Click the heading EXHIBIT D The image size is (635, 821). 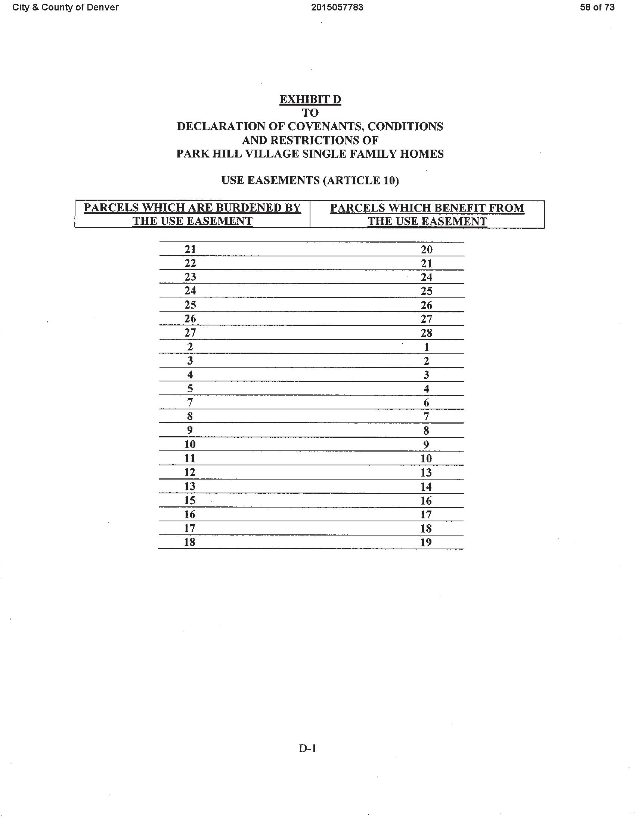(310, 99)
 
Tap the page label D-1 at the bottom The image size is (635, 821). (307, 749)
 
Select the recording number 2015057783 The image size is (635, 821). (337, 7)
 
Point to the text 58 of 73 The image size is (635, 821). (597, 7)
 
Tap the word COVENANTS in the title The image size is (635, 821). (325, 126)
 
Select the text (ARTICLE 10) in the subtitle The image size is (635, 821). (361, 181)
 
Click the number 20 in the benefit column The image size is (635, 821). (427, 249)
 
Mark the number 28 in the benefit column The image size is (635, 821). (427, 333)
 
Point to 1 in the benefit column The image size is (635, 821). (427, 347)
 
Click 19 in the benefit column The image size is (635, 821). (426, 542)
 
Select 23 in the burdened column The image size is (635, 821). (190, 277)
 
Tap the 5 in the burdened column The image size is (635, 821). (190, 388)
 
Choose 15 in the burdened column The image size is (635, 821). (190, 500)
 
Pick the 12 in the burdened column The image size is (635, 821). (190, 472)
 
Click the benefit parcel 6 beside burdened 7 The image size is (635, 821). (426, 403)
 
